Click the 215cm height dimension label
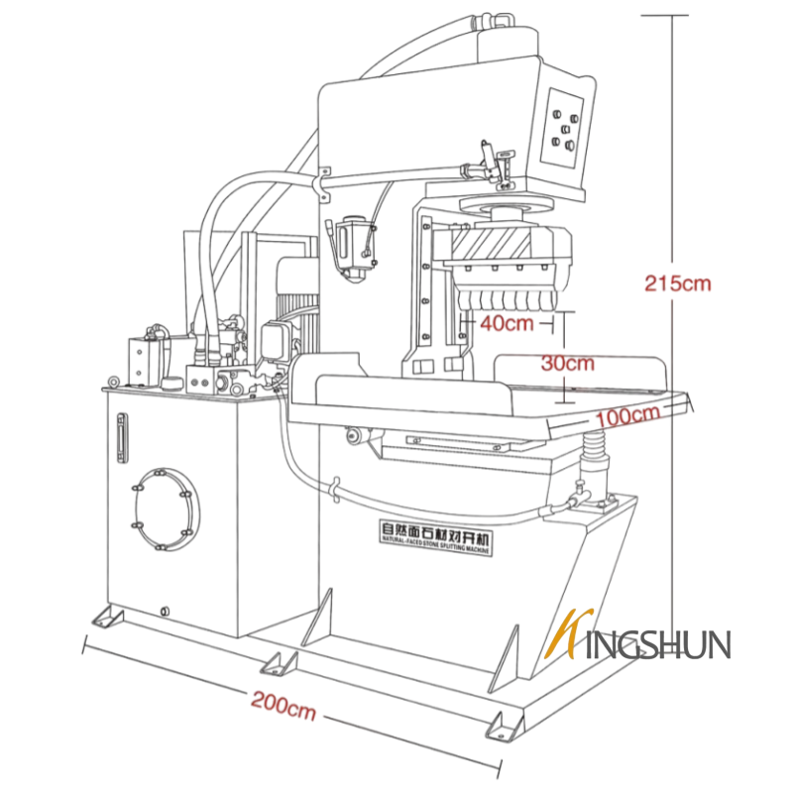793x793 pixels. coord(678,283)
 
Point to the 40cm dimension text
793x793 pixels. coord(507,322)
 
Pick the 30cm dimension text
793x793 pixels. coord(568,363)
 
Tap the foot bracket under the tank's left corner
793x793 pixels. coord(105,619)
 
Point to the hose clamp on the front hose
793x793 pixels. coord(337,489)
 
